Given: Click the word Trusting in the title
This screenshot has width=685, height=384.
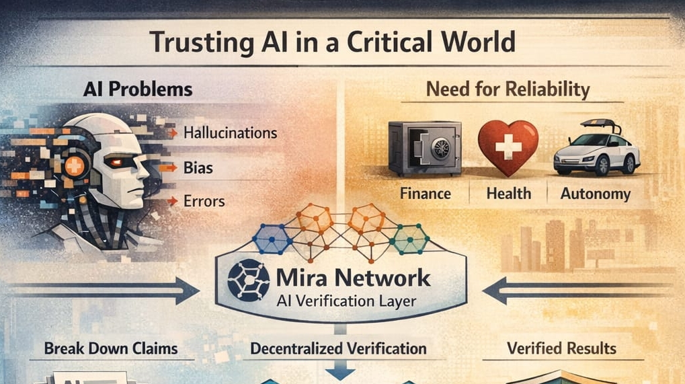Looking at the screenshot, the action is coord(196,42).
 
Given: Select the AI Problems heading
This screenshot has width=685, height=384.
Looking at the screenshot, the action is coord(138,89).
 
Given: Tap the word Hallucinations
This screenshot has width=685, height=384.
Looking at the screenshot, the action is coord(230,132).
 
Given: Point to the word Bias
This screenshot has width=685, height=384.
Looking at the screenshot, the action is coord(198,167).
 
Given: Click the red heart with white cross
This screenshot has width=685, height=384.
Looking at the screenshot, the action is coord(508,147).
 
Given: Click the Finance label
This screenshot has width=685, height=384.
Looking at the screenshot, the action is coord(425,194).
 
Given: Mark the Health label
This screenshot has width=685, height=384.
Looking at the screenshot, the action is coord(508,194).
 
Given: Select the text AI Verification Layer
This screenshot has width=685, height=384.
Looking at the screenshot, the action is coord(346,301).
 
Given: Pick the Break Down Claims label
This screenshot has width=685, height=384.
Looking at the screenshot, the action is coord(110,348).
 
